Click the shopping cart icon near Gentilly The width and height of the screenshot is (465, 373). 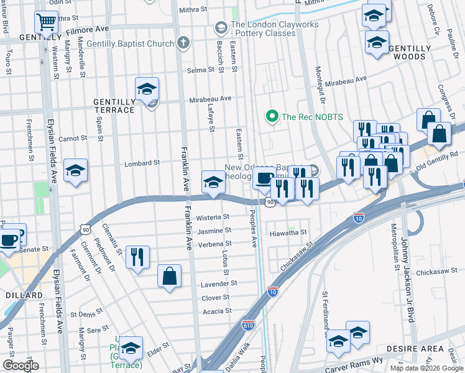click(x=47, y=23)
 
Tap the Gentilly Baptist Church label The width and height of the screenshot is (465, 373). click(x=131, y=44)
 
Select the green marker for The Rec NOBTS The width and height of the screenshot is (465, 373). click(x=271, y=116)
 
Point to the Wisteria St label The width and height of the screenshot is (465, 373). click(x=213, y=218)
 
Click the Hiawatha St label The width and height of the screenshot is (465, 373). click(x=288, y=233)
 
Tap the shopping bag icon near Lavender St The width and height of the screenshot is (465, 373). click(x=169, y=275)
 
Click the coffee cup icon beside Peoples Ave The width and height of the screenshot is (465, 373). click(x=264, y=178)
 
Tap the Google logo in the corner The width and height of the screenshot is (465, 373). click(x=21, y=366)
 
